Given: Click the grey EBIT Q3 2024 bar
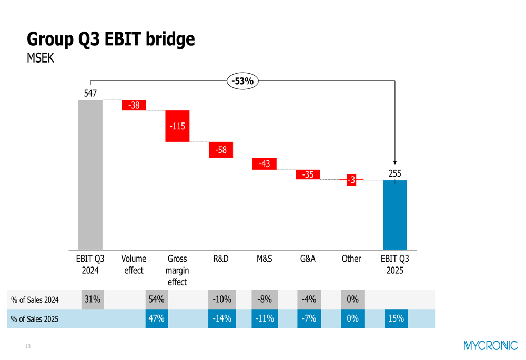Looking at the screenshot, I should coord(90,174).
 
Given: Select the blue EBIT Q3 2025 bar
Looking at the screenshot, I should coord(394,214).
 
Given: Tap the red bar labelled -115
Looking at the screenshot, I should coord(177,126).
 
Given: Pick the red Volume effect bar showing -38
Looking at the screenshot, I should coord(134,105).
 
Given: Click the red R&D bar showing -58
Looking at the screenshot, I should coord(221,150).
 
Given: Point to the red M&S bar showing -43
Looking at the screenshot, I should coord(264,164).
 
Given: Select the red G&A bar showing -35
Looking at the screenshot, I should coord(308,174).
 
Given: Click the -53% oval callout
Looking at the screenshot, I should coord(243,81).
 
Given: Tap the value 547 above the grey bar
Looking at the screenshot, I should coord(90,94).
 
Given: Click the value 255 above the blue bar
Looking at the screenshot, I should coord(394,173).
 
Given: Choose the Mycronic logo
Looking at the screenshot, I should coord(490,345).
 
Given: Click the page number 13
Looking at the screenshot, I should coord(28,346).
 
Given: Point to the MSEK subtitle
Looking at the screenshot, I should coord(41,58).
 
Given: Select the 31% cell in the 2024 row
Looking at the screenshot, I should coord(93,300).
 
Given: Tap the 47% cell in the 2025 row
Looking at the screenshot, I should coord(157,318).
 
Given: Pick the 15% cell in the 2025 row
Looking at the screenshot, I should coord(396,318).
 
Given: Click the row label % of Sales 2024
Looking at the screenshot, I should coord(35,300).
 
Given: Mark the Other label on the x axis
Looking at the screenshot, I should coord(351,259).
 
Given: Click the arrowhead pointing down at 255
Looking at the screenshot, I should coord(395,163).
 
